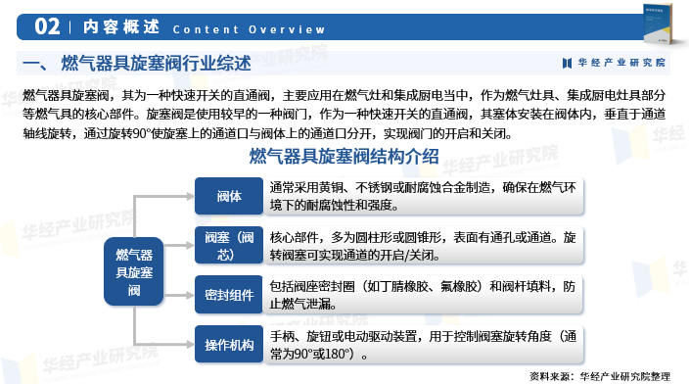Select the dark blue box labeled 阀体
coord(229,196)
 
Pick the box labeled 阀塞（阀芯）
coord(229,245)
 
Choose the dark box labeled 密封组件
coord(229,295)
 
